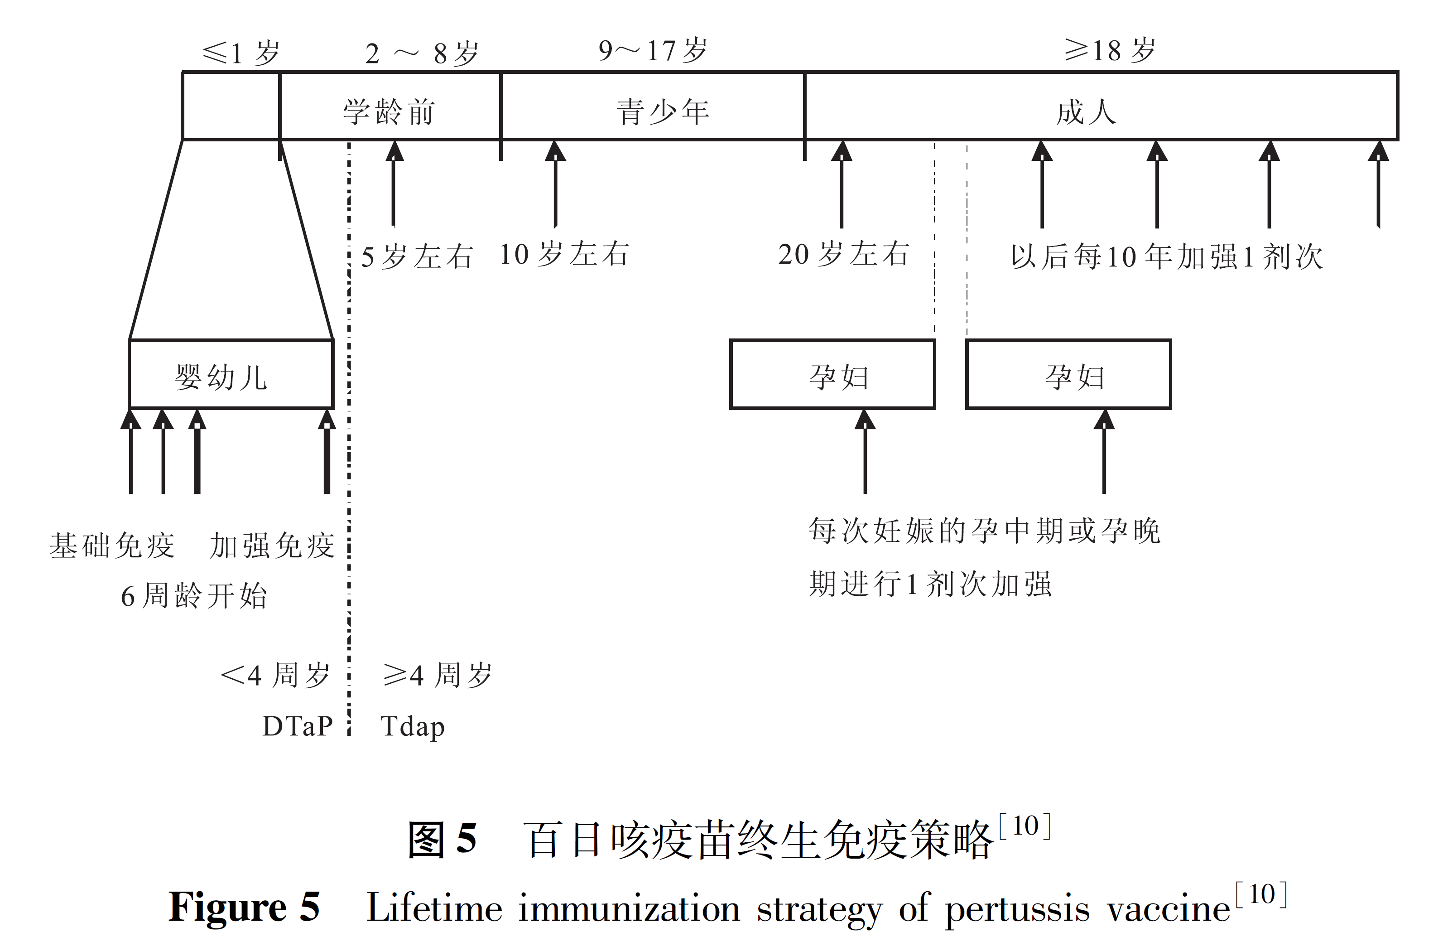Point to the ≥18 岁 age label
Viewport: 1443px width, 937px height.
[1110, 51]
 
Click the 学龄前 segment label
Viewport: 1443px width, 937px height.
[389, 112]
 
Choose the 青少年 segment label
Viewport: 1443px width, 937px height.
[663, 112]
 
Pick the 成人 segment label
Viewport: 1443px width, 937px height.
[1085, 112]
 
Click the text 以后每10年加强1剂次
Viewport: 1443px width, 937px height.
[1167, 256]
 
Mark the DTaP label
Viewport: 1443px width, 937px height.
[297, 726]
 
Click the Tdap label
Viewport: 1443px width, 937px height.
[412, 726]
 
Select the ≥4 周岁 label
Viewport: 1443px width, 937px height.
[437, 674]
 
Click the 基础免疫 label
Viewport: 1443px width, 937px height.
[112, 545]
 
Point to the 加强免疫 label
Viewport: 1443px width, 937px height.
[272, 545]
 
